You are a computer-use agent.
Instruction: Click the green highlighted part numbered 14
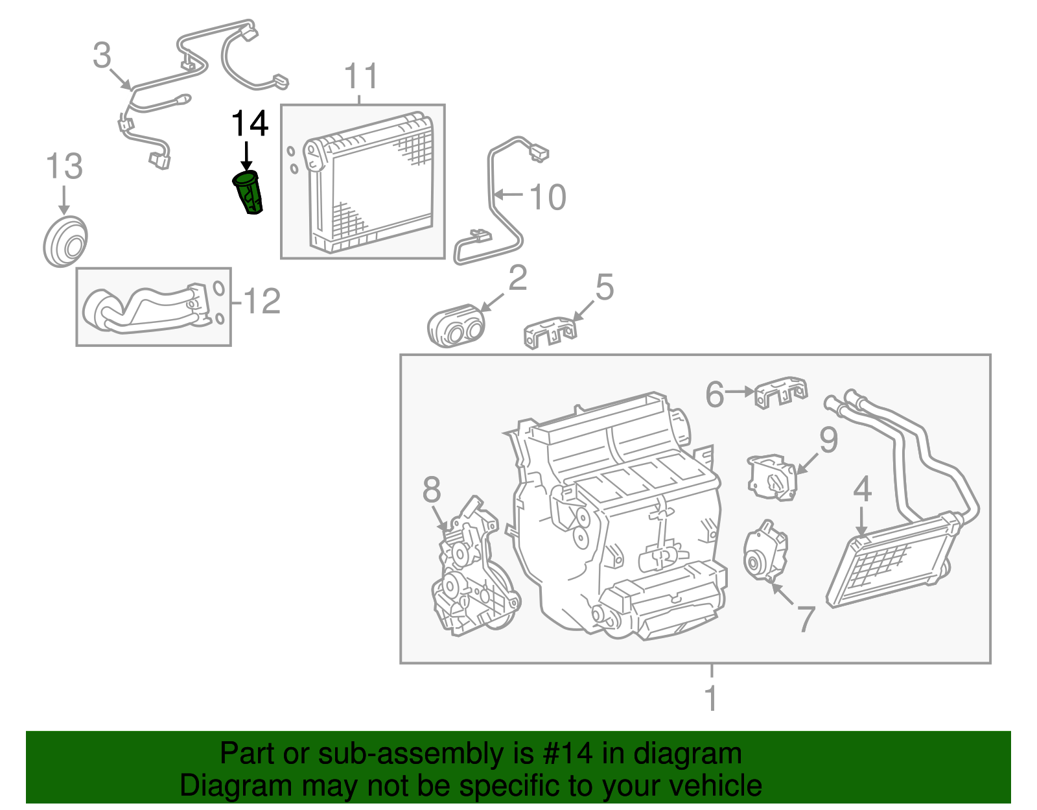pyautogui.click(x=249, y=193)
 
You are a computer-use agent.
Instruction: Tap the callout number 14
pyautogui.click(x=250, y=123)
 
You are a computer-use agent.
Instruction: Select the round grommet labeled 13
pyautogui.click(x=65, y=242)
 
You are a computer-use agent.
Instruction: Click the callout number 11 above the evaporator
pyautogui.click(x=361, y=77)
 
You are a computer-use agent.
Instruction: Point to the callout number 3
pyautogui.click(x=102, y=56)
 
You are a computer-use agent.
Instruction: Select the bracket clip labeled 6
pyautogui.click(x=781, y=393)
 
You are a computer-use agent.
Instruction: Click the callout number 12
pyautogui.click(x=261, y=302)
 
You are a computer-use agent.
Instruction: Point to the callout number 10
pyautogui.click(x=548, y=197)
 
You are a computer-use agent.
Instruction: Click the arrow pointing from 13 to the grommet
pyautogui.click(x=64, y=199)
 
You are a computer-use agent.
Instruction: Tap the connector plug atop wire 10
pyautogui.click(x=538, y=152)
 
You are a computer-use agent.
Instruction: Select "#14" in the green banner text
pyautogui.click(x=564, y=754)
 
